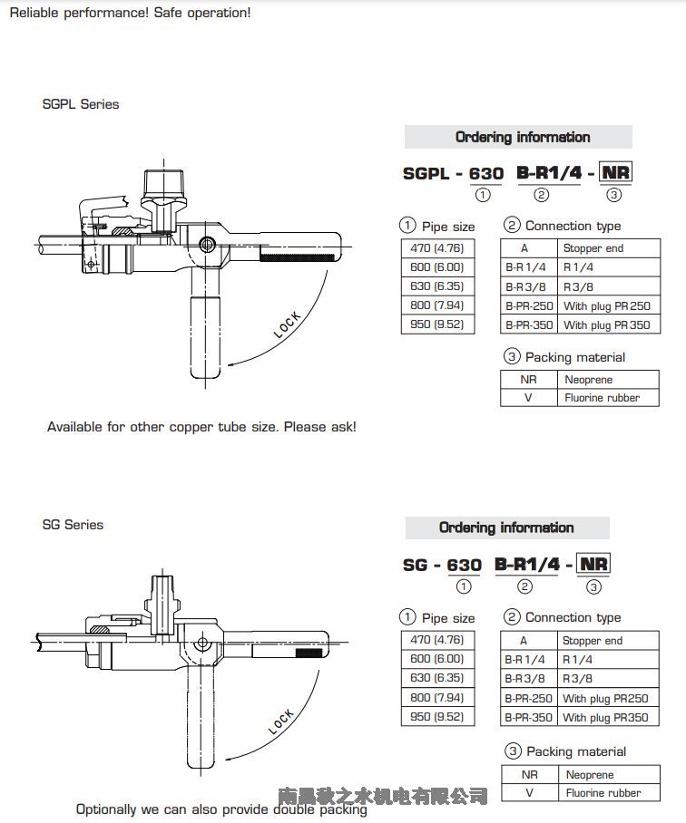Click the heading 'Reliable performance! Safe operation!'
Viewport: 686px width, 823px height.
coord(130,13)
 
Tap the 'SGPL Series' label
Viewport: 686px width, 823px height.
coord(81,104)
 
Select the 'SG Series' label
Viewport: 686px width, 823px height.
coord(73,525)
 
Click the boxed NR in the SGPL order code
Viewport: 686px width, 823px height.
coord(615,173)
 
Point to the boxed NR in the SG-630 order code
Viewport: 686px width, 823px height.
coord(593,564)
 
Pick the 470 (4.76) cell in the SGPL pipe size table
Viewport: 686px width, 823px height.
coord(437,247)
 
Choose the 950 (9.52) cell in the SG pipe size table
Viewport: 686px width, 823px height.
coord(437,717)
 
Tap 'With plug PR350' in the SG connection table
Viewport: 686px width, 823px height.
coord(605,718)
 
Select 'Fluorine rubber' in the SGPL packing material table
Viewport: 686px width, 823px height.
coord(602,398)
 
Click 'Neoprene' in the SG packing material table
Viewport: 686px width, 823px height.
coord(590,775)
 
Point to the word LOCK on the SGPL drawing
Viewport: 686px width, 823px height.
coord(288,324)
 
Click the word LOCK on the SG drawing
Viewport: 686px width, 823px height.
coord(282,721)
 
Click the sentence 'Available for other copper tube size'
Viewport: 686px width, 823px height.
coord(201,426)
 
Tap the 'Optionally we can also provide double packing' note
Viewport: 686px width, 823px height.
coord(221,809)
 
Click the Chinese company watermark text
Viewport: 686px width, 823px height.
coord(383,796)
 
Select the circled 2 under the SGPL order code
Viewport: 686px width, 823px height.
coord(541,195)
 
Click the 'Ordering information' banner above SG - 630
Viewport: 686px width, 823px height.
coord(506,528)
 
